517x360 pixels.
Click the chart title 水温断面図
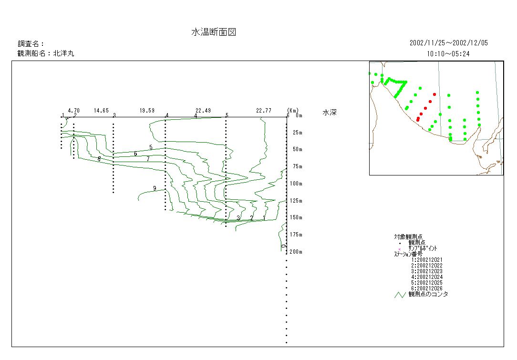click(x=214, y=32)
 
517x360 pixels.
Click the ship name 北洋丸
click(x=63, y=54)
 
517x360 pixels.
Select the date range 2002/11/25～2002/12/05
click(x=448, y=43)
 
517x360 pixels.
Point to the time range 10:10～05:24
click(x=448, y=54)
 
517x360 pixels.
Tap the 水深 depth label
click(x=330, y=113)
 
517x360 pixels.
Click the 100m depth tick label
click(x=296, y=184)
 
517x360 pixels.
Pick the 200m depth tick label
click(x=296, y=252)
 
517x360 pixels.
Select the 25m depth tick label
click(x=298, y=133)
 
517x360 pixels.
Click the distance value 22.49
click(x=203, y=111)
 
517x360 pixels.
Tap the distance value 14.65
click(x=101, y=111)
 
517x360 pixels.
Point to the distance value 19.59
click(x=147, y=111)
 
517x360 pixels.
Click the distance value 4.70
click(x=73, y=111)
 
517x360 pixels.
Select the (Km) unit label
click(x=293, y=111)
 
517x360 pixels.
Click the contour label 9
click(x=155, y=188)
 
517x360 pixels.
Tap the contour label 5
click(x=151, y=147)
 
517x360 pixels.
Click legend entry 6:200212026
click(x=427, y=288)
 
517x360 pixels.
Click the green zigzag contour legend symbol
click(x=400, y=295)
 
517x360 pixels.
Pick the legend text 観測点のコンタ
click(x=428, y=294)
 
